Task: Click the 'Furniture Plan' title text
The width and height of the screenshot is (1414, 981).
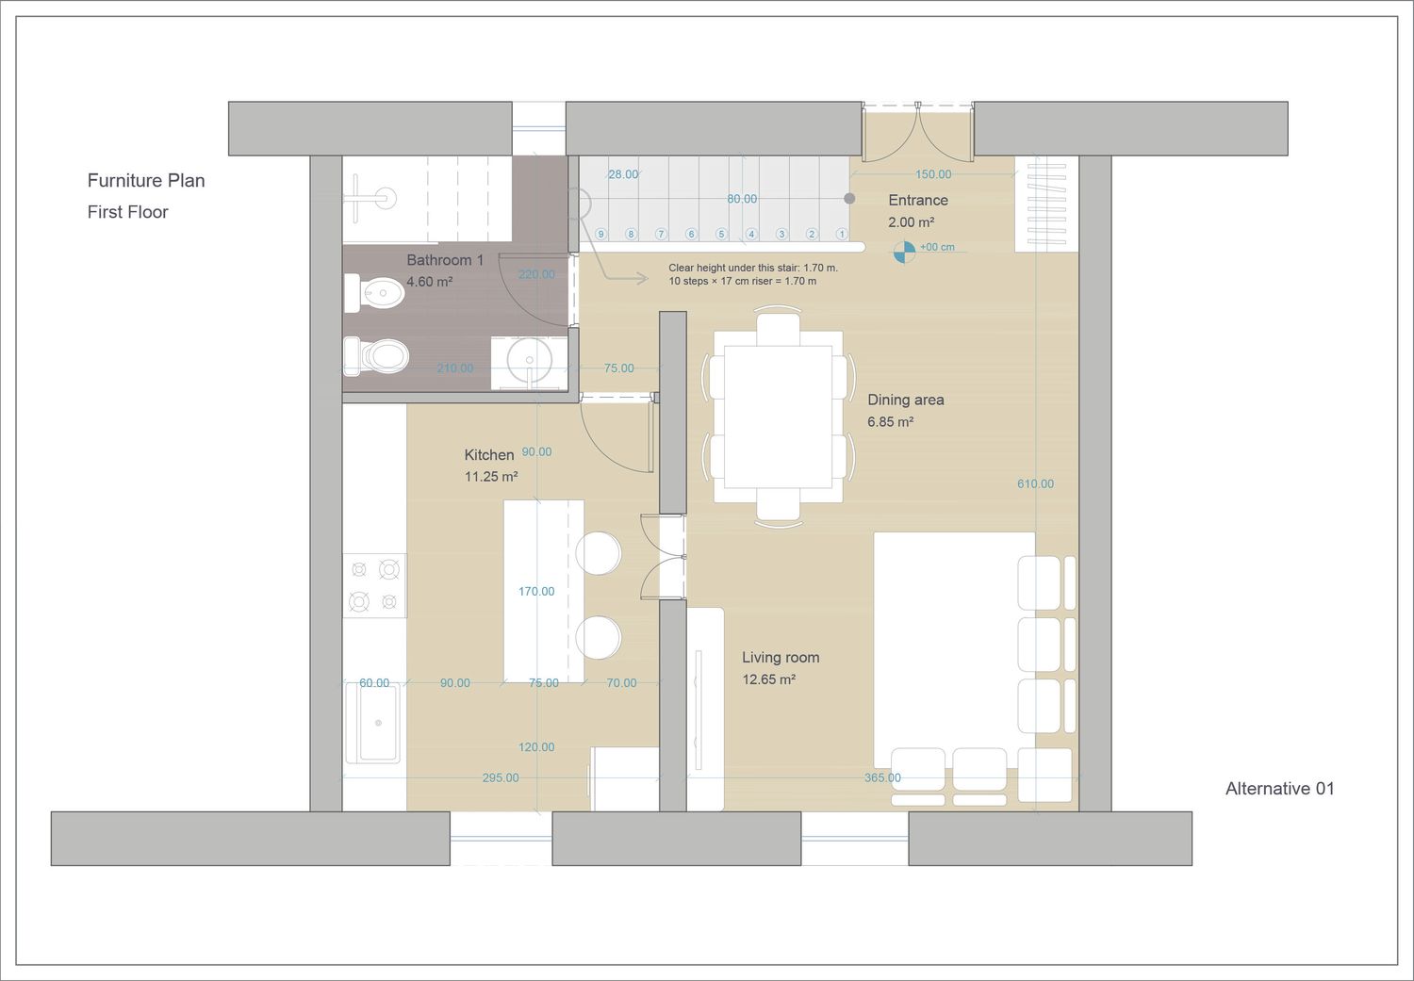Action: tap(146, 180)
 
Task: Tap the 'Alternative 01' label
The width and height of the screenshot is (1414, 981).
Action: tap(1279, 789)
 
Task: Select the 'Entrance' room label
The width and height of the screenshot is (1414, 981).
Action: tap(918, 200)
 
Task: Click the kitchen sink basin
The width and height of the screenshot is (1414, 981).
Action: tap(378, 723)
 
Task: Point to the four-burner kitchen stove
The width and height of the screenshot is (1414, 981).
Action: tap(374, 585)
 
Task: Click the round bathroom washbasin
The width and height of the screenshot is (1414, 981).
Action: tap(530, 360)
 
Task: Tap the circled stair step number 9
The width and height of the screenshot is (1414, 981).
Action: tap(600, 234)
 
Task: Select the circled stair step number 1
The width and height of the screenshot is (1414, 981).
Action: tap(842, 234)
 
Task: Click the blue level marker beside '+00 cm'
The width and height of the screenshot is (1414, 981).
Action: tap(905, 252)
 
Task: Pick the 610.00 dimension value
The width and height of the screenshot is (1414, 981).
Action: tap(1035, 483)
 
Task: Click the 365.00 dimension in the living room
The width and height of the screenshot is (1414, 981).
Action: tap(882, 777)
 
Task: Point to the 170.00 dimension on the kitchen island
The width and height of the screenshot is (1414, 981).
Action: tap(536, 591)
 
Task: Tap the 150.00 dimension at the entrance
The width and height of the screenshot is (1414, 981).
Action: tap(933, 174)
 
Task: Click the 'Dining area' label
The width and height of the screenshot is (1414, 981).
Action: tap(906, 400)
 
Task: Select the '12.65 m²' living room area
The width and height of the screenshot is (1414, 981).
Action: tap(769, 679)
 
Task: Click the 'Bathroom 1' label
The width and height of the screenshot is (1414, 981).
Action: tap(445, 260)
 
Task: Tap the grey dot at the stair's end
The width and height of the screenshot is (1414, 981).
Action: tap(849, 198)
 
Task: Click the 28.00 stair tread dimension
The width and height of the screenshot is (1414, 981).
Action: tap(623, 174)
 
